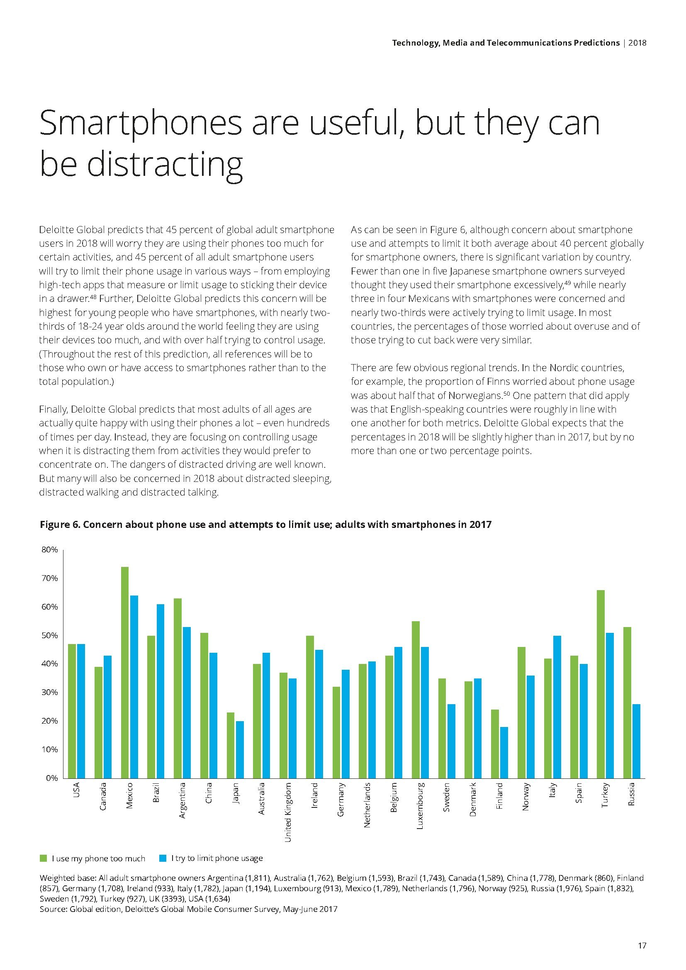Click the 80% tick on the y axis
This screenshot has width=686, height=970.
(50, 549)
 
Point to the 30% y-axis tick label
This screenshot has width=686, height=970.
(50, 693)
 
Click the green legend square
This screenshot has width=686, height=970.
(43, 858)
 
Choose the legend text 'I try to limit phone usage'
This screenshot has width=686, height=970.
(217, 858)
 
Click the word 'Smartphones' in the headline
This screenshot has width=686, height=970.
(141, 123)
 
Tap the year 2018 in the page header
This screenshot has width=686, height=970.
(637, 43)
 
